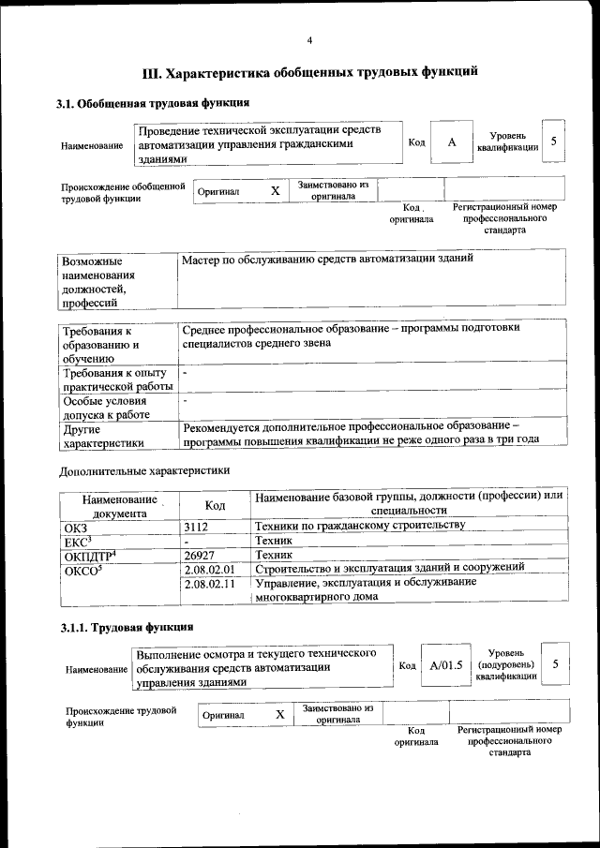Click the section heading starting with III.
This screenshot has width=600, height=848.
[x=309, y=71]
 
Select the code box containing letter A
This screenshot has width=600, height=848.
[x=452, y=141]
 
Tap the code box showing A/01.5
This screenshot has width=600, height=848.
[x=445, y=665]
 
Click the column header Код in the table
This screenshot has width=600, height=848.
[x=215, y=505]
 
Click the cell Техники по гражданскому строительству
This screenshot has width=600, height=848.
[x=360, y=525]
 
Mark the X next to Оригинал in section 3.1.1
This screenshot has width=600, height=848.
[x=279, y=715]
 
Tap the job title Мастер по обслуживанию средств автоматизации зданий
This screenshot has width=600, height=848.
[x=328, y=258]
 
